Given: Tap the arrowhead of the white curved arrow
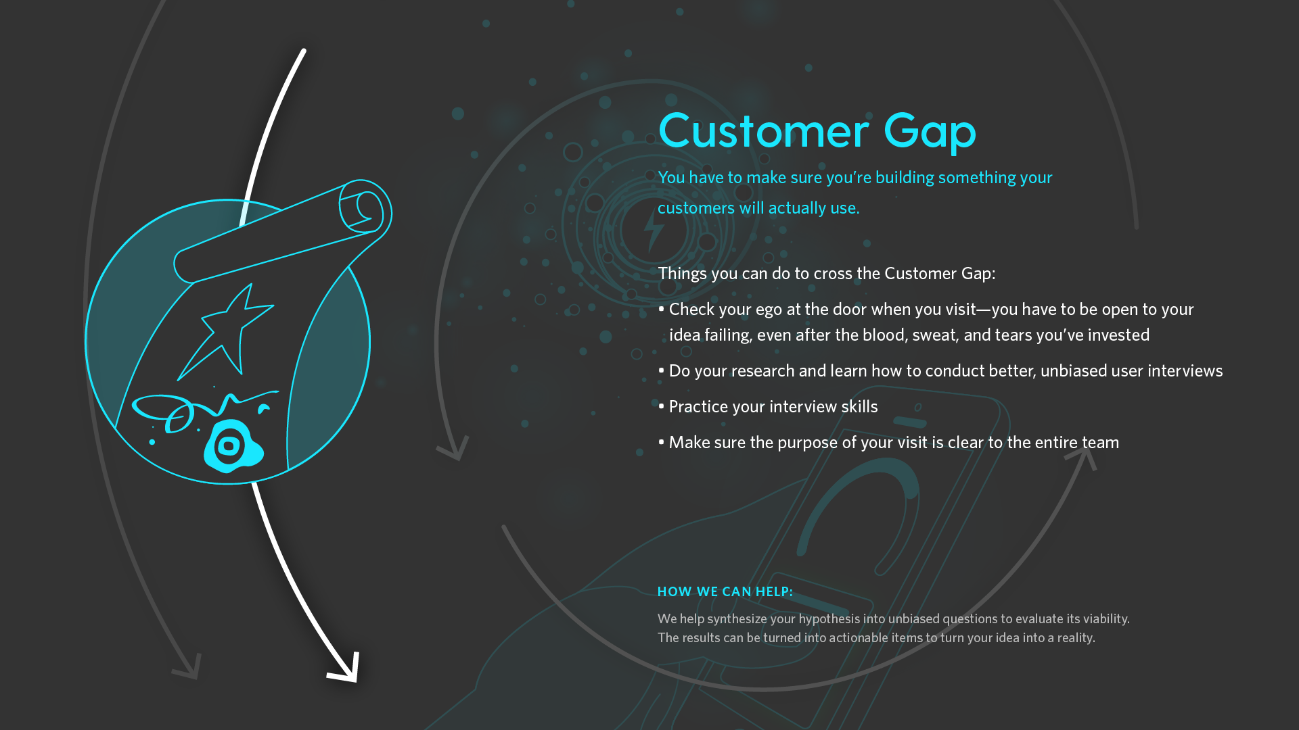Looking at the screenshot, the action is [x=345, y=668].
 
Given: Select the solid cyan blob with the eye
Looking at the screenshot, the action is [x=233, y=446].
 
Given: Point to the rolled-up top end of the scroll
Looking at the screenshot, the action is [x=365, y=207].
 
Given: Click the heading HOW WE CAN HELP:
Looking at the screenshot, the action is [x=725, y=591].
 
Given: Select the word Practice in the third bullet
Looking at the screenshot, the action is [x=698, y=406].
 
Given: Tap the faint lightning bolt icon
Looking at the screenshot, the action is [x=654, y=231].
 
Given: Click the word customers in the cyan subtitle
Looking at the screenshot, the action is [x=696, y=208].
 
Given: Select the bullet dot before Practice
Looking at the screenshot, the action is [x=661, y=406].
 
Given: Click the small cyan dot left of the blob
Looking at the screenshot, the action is [x=152, y=442].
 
